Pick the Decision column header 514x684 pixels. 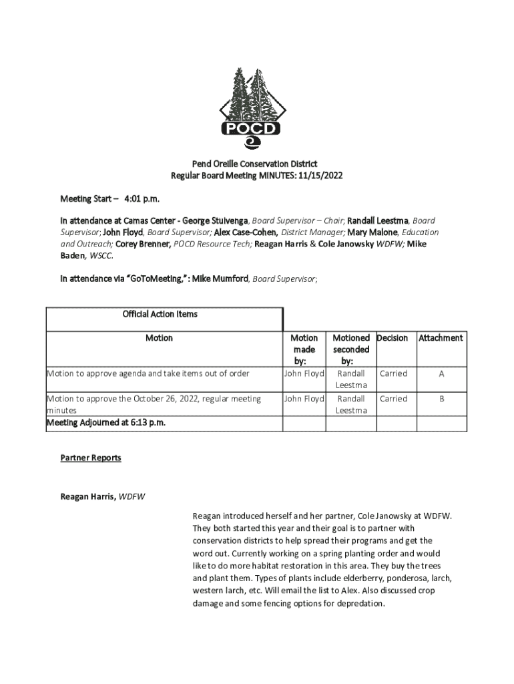click(x=393, y=338)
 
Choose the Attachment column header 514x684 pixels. click(x=441, y=338)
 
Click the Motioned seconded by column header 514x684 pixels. click(x=351, y=349)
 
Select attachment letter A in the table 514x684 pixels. click(x=441, y=374)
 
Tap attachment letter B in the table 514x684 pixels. click(x=441, y=399)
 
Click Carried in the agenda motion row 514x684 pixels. click(x=393, y=374)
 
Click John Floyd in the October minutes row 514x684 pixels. click(x=304, y=399)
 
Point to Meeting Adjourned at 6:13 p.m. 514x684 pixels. click(x=105, y=423)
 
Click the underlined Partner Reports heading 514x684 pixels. click(x=91, y=458)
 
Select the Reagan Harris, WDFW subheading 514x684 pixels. click(x=103, y=497)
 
